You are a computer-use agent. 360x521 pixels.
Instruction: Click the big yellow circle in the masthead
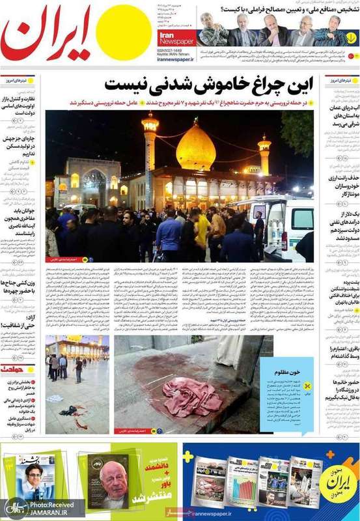click(123, 33)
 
